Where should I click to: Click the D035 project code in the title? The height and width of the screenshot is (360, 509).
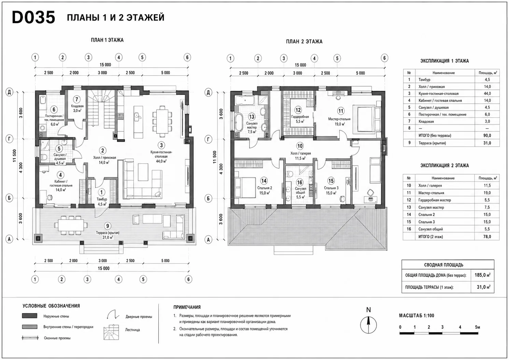[33, 17]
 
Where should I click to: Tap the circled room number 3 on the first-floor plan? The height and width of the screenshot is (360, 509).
[161, 145]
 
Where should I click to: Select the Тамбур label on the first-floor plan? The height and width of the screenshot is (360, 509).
[102, 199]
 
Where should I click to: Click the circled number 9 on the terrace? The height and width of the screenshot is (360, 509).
[108, 226]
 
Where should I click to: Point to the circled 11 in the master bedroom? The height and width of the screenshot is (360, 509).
[341, 111]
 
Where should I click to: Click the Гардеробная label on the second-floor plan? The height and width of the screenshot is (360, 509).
[300, 117]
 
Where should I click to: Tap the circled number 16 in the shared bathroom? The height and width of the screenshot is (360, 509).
[300, 182]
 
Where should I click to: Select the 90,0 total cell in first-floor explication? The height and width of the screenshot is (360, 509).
[487, 135]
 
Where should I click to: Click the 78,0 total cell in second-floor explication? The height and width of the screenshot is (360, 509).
[487, 237]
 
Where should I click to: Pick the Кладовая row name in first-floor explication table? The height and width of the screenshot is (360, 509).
[426, 121]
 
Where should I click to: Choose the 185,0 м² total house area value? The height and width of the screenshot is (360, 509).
[482, 275]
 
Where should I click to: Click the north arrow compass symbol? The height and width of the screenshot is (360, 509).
[368, 325]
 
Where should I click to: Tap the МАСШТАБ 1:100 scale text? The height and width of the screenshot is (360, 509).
[416, 316]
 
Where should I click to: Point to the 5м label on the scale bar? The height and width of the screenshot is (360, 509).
[477, 327]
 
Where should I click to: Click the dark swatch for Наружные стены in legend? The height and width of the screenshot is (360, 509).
[30, 316]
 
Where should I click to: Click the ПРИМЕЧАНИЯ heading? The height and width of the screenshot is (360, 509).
[187, 307]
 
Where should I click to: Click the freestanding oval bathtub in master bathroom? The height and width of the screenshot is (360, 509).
[239, 122]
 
